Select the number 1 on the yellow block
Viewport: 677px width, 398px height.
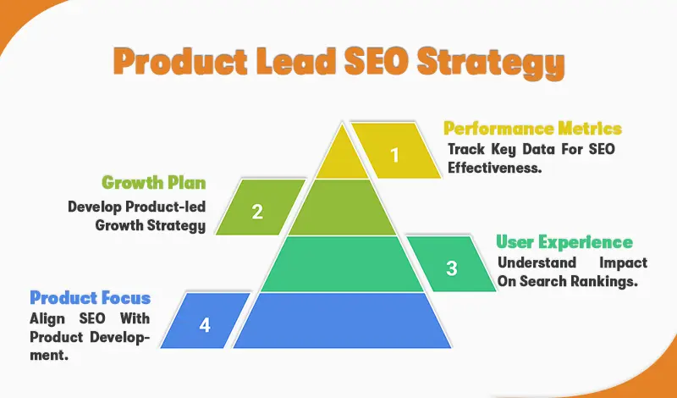tap(394, 154)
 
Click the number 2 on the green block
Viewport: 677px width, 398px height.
tap(257, 212)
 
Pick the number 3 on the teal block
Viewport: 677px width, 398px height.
tap(452, 268)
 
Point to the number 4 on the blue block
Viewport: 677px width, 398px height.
tap(204, 325)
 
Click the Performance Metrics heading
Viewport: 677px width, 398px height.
tap(532, 129)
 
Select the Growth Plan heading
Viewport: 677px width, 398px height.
tap(153, 182)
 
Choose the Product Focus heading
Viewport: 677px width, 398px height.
tap(91, 298)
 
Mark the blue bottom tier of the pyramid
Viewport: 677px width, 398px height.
tap(341, 320)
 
